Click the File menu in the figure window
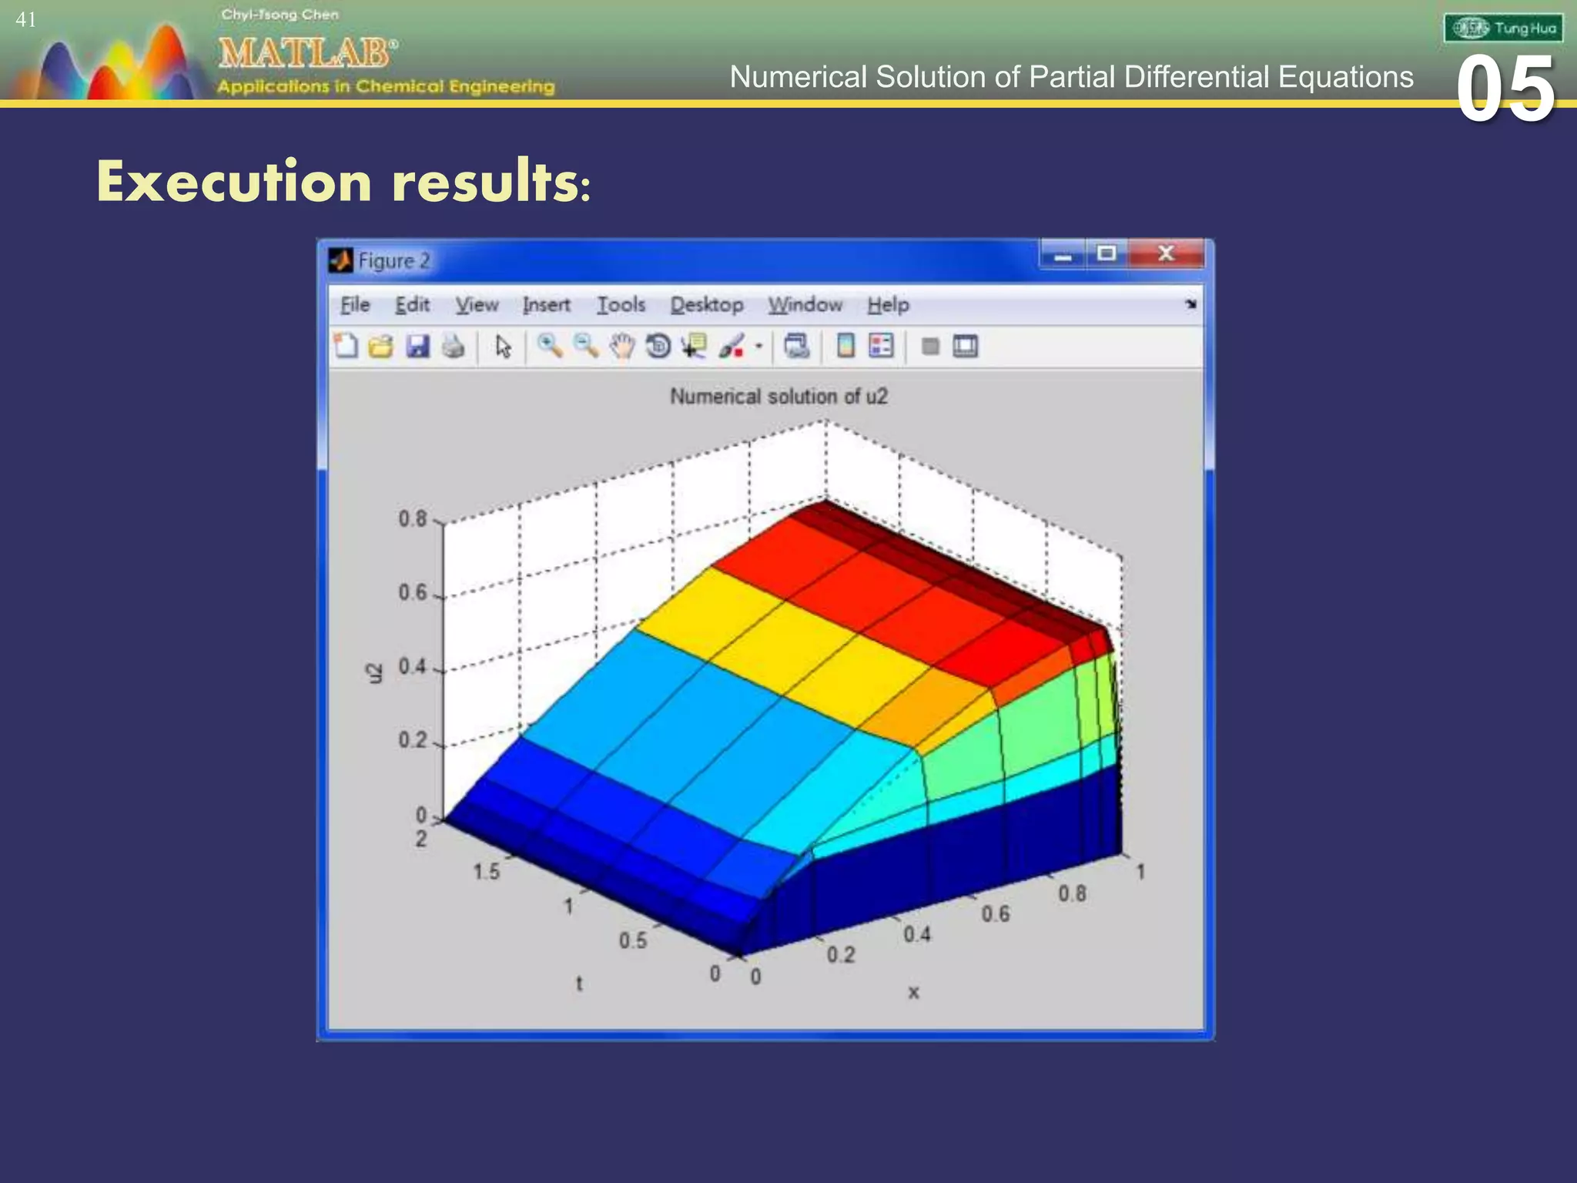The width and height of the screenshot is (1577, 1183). pyautogui.click(x=355, y=305)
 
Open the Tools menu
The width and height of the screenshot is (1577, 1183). pyautogui.click(x=621, y=305)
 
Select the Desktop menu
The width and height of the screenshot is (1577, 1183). pyautogui.click(x=706, y=305)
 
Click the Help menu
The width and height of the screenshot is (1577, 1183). pyautogui.click(x=888, y=305)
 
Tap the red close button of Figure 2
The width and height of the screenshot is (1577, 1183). pyautogui.click(x=1166, y=253)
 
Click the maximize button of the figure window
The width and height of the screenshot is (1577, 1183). pyautogui.click(x=1107, y=253)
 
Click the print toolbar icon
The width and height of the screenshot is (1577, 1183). pyautogui.click(x=453, y=347)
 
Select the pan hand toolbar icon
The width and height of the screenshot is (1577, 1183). pyautogui.click(x=621, y=347)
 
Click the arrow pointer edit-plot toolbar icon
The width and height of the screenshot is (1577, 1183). pyautogui.click(x=503, y=347)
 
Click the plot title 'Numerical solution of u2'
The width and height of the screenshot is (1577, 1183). pyautogui.click(x=778, y=397)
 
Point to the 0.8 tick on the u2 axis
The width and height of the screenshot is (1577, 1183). pyautogui.click(x=413, y=519)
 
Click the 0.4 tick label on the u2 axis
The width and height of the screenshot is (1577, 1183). pyautogui.click(x=413, y=666)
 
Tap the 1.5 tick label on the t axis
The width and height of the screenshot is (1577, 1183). pyautogui.click(x=486, y=872)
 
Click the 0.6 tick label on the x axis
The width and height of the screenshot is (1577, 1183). pyautogui.click(x=995, y=914)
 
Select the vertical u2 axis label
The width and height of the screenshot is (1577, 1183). pyautogui.click(x=374, y=672)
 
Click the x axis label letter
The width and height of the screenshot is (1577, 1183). pyautogui.click(x=913, y=993)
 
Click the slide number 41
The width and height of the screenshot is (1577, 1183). pyautogui.click(x=25, y=20)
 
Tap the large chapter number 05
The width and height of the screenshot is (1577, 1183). pyautogui.click(x=1505, y=89)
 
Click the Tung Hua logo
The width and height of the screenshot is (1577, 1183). pyautogui.click(x=1503, y=28)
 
